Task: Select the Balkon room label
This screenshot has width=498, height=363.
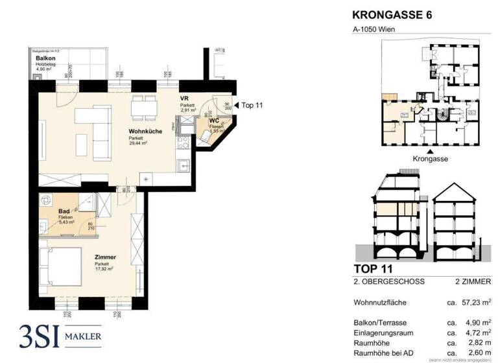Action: click(45, 59)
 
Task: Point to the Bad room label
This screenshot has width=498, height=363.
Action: click(64, 211)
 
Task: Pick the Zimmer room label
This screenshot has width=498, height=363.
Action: click(105, 257)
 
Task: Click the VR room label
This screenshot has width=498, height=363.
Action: click(184, 98)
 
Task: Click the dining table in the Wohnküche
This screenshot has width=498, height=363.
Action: click(143, 107)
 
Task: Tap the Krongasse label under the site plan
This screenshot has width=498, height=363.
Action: click(431, 158)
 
